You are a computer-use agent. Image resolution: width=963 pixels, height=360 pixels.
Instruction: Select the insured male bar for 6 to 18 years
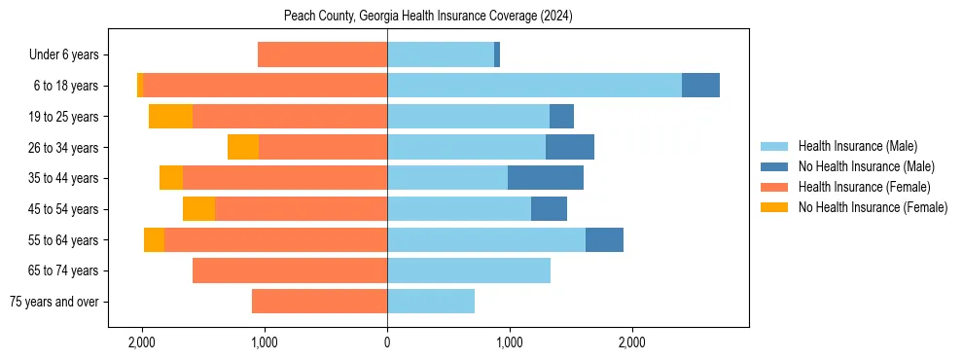pyautogui.click(x=534, y=86)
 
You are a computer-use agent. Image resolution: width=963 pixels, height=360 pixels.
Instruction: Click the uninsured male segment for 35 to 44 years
pyautogui.click(x=546, y=178)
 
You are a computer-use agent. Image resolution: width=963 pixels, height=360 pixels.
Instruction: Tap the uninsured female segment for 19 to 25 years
pyautogui.click(x=170, y=117)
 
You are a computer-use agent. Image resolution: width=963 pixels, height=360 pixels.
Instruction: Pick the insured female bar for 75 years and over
pyautogui.click(x=319, y=302)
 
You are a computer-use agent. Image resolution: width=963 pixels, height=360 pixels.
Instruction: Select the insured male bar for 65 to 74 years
pyautogui.click(x=469, y=270)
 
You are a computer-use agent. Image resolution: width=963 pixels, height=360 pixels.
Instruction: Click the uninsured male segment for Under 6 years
pyautogui.click(x=497, y=54)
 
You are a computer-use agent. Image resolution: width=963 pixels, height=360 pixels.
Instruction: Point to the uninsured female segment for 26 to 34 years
pyautogui.click(x=243, y=147)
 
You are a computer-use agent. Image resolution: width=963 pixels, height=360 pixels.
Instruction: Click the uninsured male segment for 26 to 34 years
pyautogui.click(x=570, y=147)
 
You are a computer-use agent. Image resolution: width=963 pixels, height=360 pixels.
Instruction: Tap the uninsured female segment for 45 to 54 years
pyautogui.click(x=198, y=209)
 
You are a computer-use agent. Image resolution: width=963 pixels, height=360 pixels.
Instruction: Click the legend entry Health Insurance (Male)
pyautogui.click(x=857, y=146)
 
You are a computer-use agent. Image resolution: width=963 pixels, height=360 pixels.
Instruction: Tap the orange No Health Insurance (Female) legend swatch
pyautogui.click(x=775, y=207)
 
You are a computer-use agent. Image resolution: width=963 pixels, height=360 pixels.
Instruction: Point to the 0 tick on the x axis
pyautogui.click(x=387, y=342)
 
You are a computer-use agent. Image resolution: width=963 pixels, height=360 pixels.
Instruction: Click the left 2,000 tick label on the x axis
pyautogui.click(x=142, y=342)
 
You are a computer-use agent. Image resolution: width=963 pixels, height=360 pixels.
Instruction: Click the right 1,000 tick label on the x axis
pyautogui.click(x=509, y=342)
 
